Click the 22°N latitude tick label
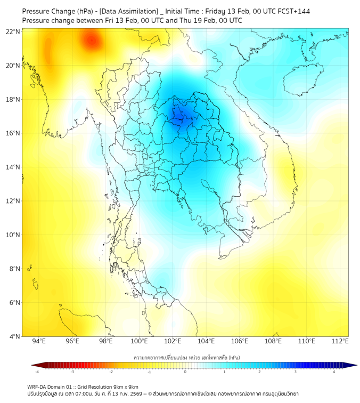13,31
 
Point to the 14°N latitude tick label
13,167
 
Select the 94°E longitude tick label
39,341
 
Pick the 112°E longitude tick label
340,341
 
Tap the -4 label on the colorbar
36,372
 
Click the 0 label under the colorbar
185,372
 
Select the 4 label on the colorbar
334,372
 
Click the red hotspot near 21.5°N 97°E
91,40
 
